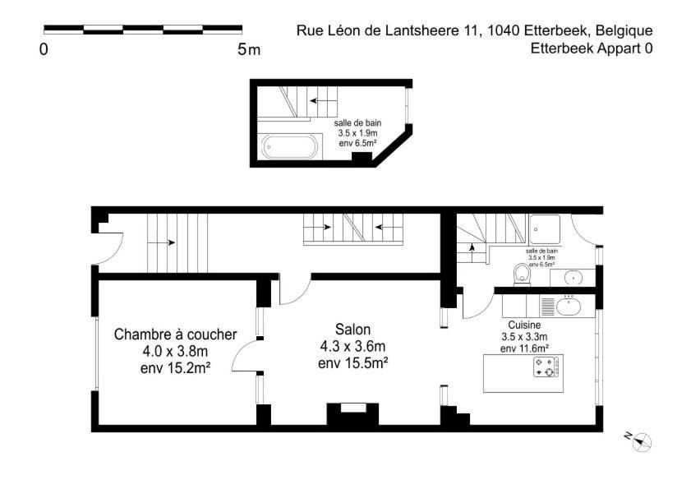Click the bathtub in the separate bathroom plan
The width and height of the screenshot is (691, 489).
(x=288, y=148)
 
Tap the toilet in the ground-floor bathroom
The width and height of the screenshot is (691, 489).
(x=520, y=272)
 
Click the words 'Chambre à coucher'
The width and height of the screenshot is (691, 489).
(x=175, y=334)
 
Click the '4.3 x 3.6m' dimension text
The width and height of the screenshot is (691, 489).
(x=352, y=345)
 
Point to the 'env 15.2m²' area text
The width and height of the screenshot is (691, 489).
(x=175, y=367)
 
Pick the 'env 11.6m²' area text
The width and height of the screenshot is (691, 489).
(x=524, y=348)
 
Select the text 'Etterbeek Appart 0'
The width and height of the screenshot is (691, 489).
(x=592, y=48)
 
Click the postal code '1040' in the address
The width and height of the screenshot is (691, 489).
(x=503, y=31)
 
